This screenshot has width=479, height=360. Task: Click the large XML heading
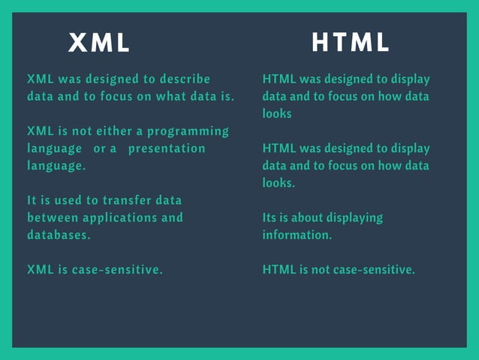[x=99, y=44]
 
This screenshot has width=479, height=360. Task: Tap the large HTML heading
[x=351, y=44]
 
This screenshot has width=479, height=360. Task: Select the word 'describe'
[x=182, y=79]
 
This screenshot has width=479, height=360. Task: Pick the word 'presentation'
[x=166, y=148]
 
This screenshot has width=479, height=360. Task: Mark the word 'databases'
[x=57, y=234]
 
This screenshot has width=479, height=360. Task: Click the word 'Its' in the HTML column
[x=270, y=217]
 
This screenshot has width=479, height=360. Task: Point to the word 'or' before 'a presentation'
[x=100, y=148]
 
